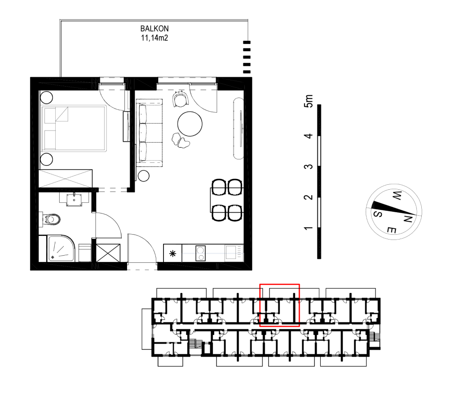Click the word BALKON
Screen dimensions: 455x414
155,29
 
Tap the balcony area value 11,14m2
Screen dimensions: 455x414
155,38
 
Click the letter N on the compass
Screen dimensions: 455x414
408,219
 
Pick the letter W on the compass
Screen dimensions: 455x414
397,196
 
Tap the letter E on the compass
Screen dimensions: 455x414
392,230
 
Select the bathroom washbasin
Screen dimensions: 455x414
74,200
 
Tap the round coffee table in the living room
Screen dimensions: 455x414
190,124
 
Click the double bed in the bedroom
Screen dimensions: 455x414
74,129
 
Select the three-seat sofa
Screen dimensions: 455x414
149,133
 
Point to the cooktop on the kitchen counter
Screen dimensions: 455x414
200,253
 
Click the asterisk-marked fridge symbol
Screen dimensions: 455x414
172,253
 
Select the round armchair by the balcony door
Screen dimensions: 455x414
180,99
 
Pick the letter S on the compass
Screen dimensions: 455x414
378,214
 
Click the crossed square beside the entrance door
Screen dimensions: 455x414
108,253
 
